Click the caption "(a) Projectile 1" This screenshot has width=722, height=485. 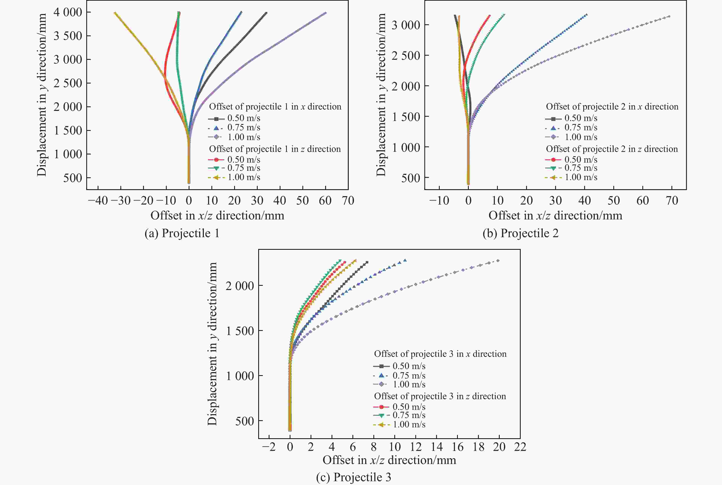[x=182, y=233]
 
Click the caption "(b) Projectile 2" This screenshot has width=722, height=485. [x=520, y=233]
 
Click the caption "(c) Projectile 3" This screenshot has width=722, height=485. [x=354, y=477]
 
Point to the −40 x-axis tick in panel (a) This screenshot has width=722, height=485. [x=98, y=201]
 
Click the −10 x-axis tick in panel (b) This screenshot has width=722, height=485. [x=439, y=201]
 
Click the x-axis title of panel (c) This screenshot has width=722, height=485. [x=389, y=460]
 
